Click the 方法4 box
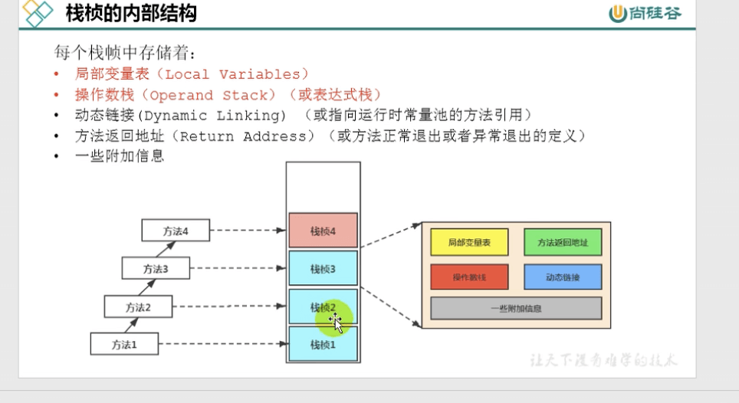pyautogui.click(x=175, y=230)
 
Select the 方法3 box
pyautogui.click(x=156, y=268)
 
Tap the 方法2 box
pyautogui.click(x=138, y=306)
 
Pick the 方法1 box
pyautogui.click(x=123, y=344)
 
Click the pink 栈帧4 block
pyautogui.click(x=323, y=231)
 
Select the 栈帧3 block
pyautogui.click(x=323, y=268)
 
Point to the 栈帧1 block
pyautogui.click(x=323, y=345)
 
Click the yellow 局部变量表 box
pyautogui.click(x=469, y=242)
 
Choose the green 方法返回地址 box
pyautogui.click(x=563, y=242)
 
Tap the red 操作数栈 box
pyautogui.click(x=469, y=277)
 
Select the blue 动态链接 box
pyautogui.click(x=563, y=277)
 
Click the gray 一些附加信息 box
pyautogui.click(x=516, y=308)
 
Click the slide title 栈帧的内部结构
pyautogui.click(x=131, y=13)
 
